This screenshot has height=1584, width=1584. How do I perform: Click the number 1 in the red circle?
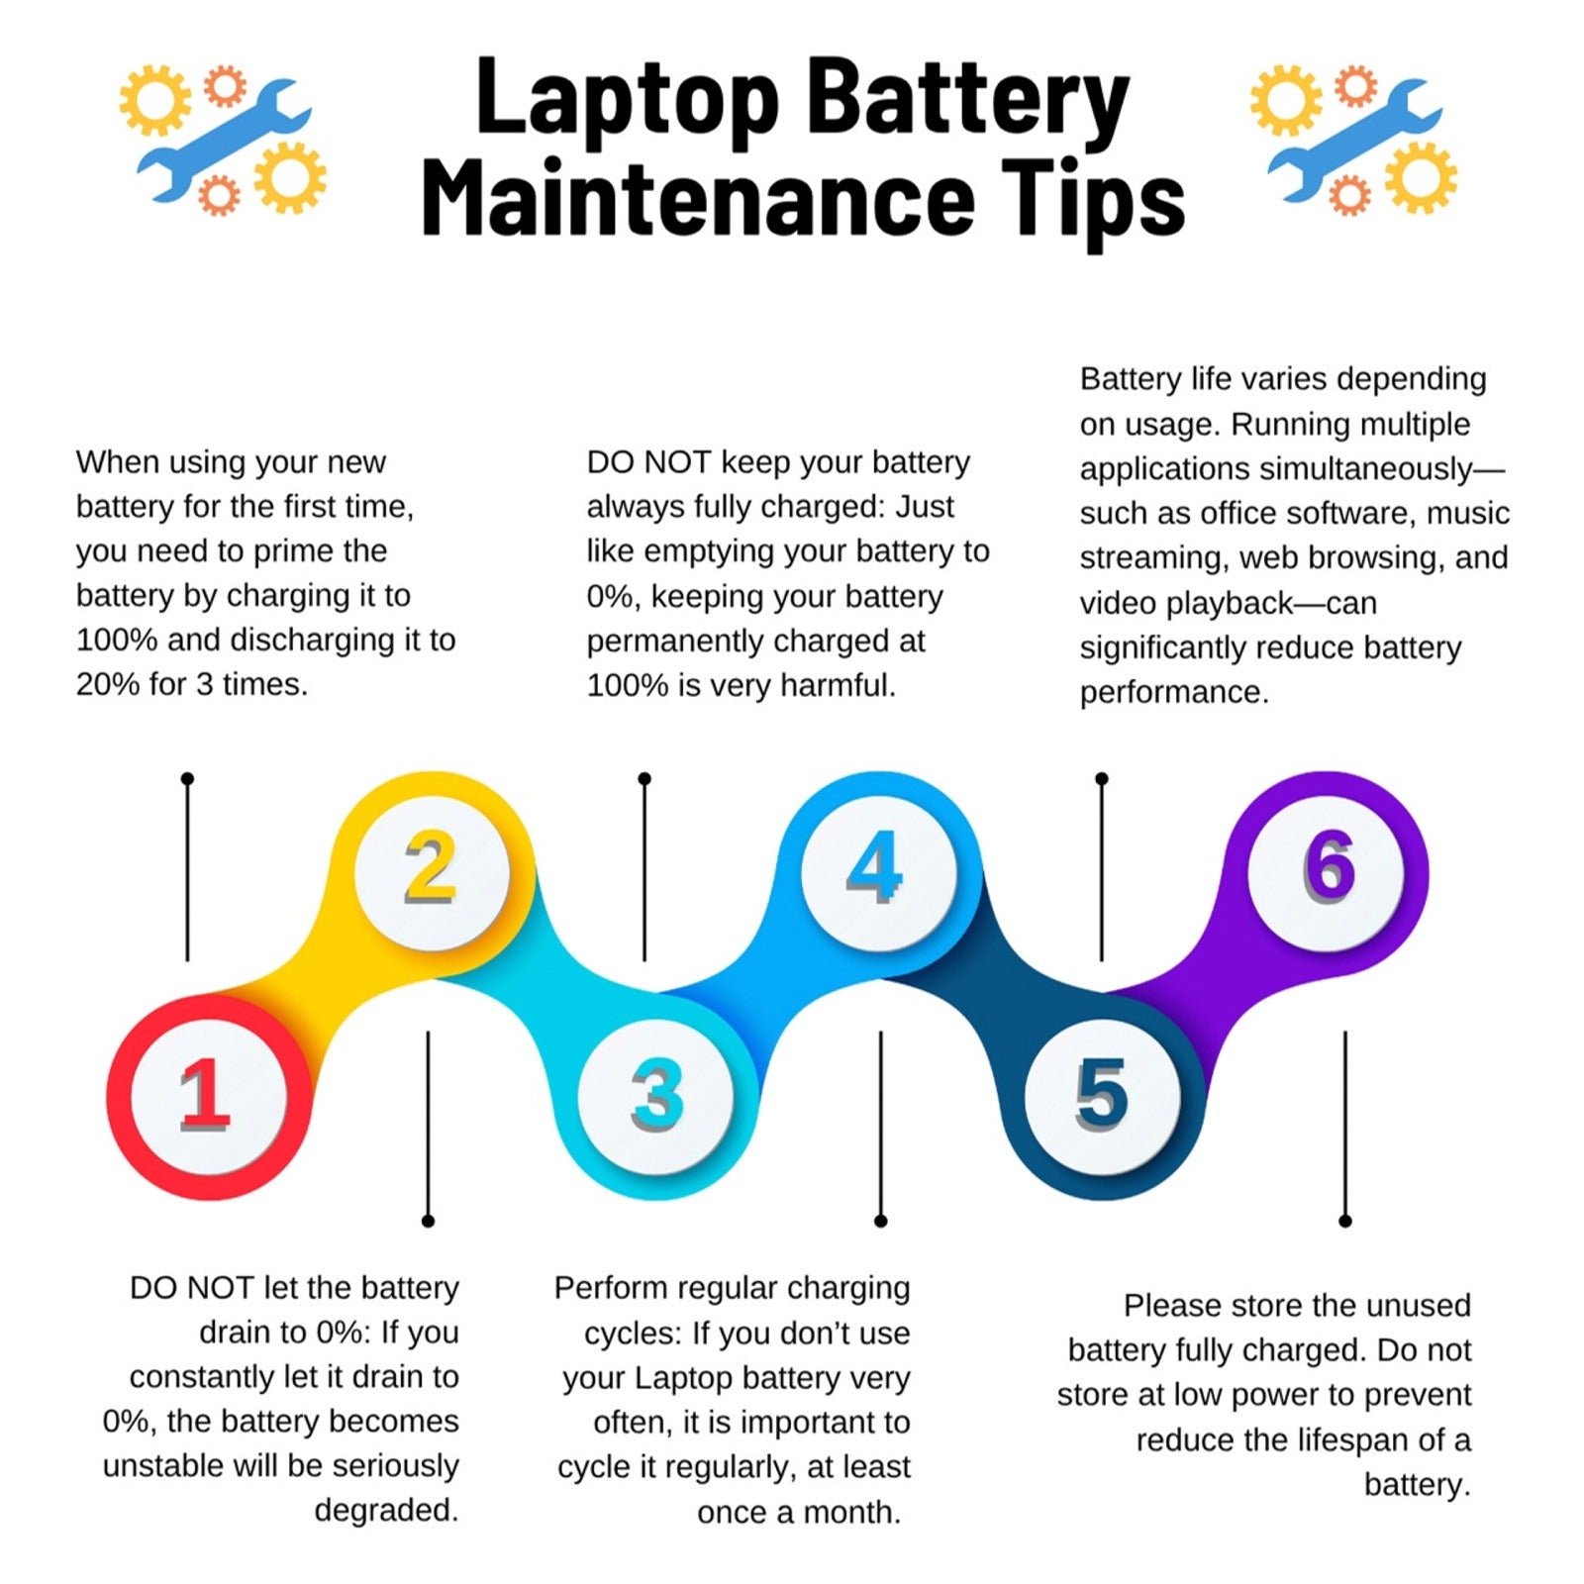206,1094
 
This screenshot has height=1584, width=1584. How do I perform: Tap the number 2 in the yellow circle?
431,867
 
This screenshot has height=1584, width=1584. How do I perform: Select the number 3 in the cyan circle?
657,1094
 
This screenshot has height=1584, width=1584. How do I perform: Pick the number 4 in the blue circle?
875,867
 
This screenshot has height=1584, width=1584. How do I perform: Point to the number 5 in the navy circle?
1101,1094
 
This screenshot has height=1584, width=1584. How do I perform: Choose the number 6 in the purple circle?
1328,867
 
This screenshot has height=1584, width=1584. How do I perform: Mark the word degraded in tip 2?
386,1511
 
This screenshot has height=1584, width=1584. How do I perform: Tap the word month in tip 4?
851,1513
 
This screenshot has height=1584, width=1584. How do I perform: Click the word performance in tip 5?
1174,693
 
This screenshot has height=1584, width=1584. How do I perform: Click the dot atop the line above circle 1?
187,779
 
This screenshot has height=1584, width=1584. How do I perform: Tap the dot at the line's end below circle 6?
1344,1221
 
